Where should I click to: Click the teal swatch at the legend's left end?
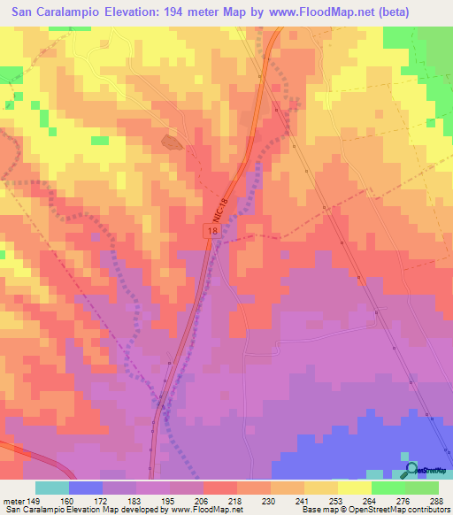point(52,488)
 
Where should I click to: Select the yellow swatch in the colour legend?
point(354,488)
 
